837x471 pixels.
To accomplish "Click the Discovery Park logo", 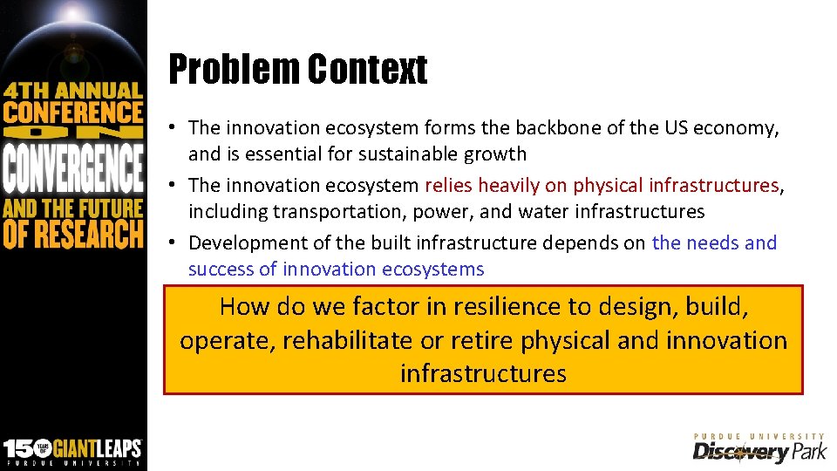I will click(758, 448).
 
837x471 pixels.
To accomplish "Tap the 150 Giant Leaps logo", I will click(72, 449).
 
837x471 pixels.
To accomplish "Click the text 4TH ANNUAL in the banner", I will click(72, 90).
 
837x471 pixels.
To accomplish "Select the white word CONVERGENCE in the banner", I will click(72, 170).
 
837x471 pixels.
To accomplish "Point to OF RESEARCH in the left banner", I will click(72, 234).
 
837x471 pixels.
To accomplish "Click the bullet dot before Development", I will click(175, 243).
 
